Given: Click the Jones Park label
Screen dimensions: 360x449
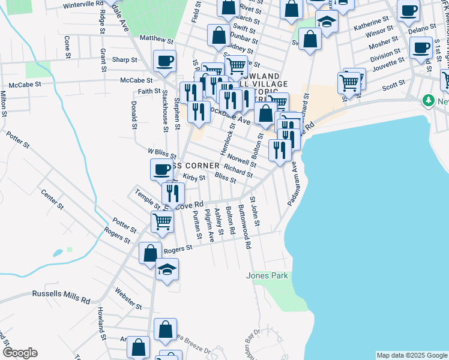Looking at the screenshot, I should (267, 276).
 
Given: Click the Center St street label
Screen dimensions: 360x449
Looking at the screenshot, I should (52, 200).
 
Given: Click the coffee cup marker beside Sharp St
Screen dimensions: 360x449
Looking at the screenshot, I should (164, 61).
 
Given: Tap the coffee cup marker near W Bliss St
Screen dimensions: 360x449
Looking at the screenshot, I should (160, 170).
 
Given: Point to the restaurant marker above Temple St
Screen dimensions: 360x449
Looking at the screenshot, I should (173, 192).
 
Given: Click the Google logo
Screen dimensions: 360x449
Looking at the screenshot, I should (20, 353).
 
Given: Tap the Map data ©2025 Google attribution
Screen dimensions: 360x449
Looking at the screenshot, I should (412, 355).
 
